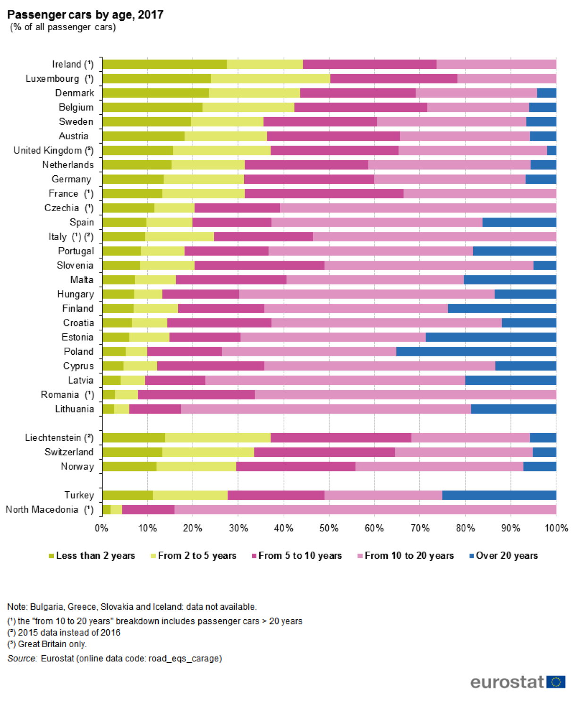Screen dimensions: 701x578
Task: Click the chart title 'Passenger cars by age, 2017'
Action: pyautogui.click(x=85, y=15)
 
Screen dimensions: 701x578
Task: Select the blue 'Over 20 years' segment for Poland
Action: pyautogui.click(x=476, y=351)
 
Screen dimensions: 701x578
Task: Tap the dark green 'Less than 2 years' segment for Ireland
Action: pyautogui.click(x=164, y=64)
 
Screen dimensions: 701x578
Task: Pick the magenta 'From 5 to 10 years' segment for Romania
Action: pyautogui.click(x=196, y=394)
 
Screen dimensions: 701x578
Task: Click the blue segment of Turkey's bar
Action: pyautogui.click(x=499, y=495)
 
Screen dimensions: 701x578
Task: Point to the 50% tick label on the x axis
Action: pyautogui.click(x=329, y=528)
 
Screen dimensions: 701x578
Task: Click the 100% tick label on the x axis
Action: pyautogui.click(x=556, y=528)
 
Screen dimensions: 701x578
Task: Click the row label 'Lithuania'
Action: pyautogui.click(x=75, y=409)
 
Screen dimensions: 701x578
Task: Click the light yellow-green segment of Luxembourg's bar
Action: pyautogui.click(x=271, y=78)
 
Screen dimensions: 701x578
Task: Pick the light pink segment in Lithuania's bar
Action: pyautogui.click(x=326, y=409)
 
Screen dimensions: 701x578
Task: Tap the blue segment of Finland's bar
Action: pyautogui.click(x=502, y=308)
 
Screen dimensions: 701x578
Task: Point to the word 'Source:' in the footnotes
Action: pyautogui.click(x=22, y=658)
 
